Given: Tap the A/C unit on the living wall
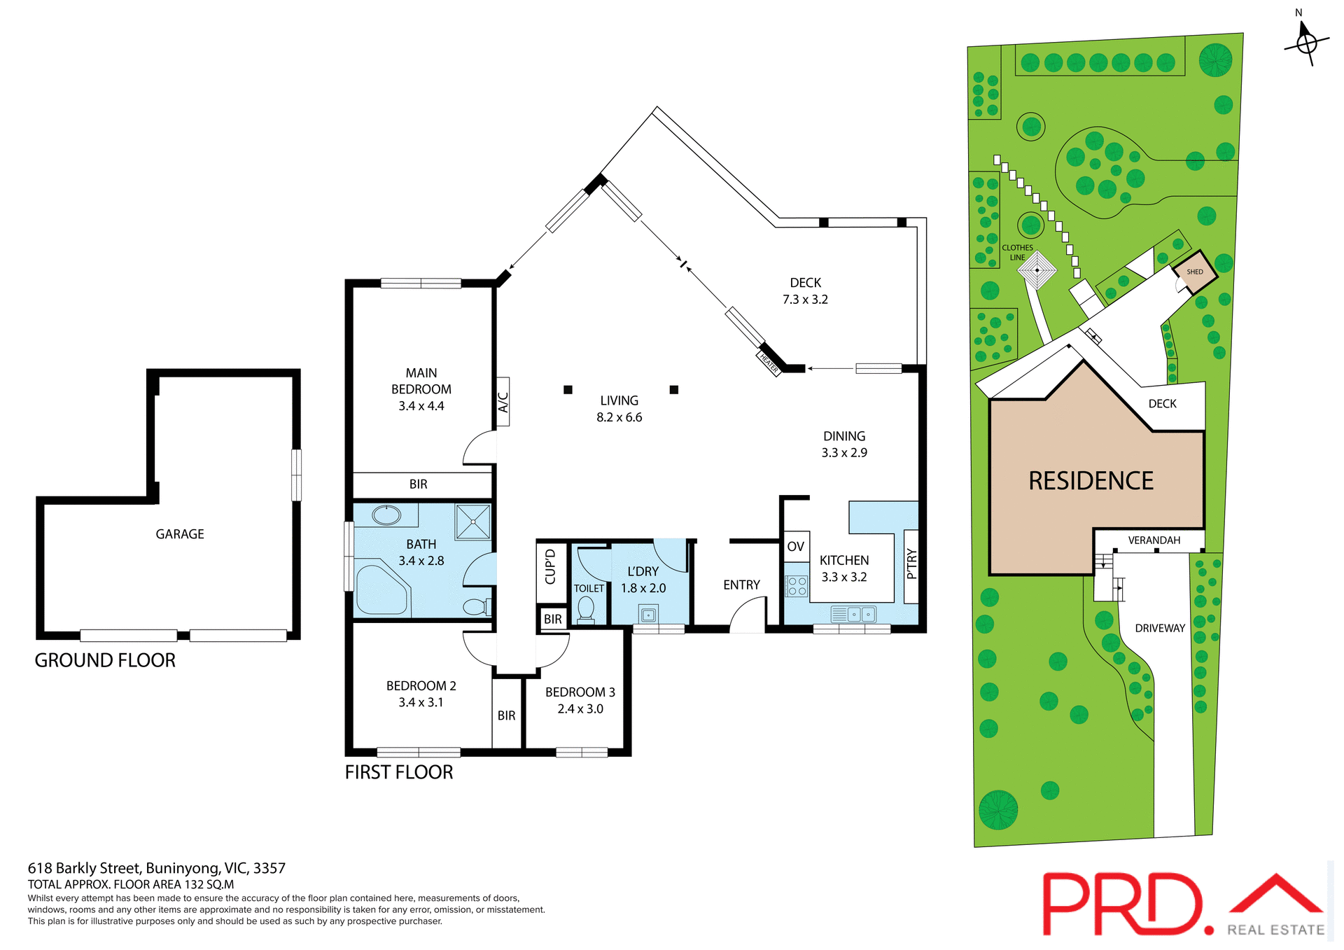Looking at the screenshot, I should tap(503, 402).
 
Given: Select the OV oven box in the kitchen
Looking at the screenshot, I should tap(795, 547).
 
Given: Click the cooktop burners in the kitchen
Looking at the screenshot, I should tap(797, 586).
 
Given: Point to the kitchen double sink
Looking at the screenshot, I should tap(853, 615).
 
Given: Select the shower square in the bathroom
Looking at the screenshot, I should tap(472, 522).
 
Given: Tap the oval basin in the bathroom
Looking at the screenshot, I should tap(386, 515).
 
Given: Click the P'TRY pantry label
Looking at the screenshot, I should tap(911, 564).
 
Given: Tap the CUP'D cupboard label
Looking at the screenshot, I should tap(550, 567).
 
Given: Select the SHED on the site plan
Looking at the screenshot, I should tap(1195, 272).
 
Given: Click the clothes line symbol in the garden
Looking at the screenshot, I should tap(1037, 270).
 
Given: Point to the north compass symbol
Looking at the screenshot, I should tap(1306, 41).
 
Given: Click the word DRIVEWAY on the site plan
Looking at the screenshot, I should tap(1159, 629).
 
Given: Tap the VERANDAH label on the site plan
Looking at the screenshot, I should tap(1154, 540).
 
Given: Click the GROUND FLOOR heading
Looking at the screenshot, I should tap(105, 660).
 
